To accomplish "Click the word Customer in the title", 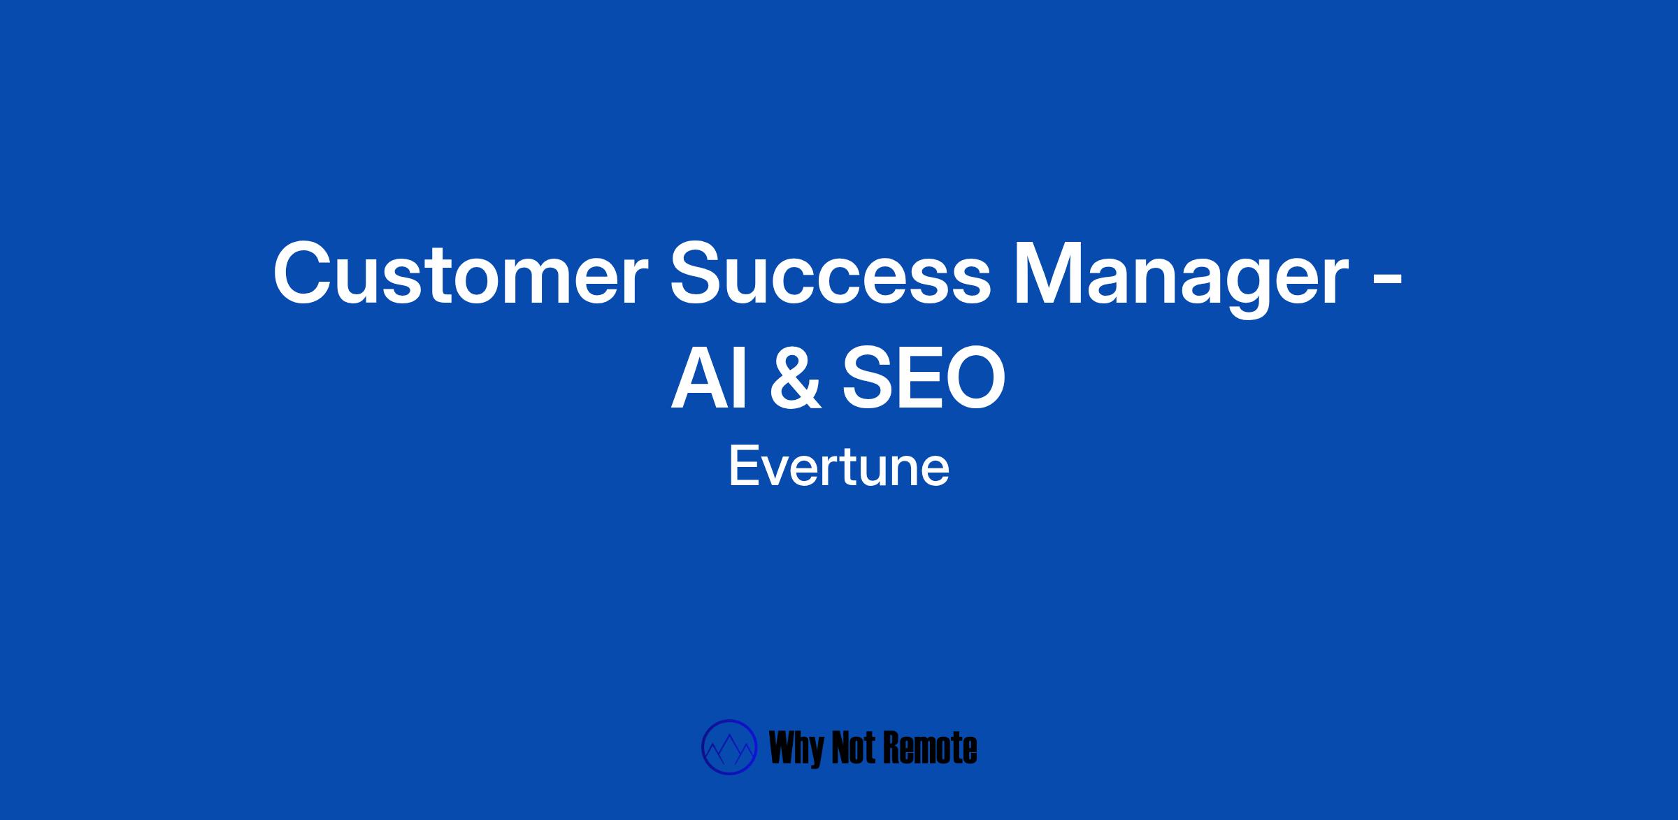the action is [457, 273].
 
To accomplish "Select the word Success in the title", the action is [831, 273].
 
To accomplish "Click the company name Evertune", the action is [839, 467].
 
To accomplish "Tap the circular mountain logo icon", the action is [729, 747].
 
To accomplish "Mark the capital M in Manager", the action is [1050, 273].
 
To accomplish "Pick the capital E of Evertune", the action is [743, 467].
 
